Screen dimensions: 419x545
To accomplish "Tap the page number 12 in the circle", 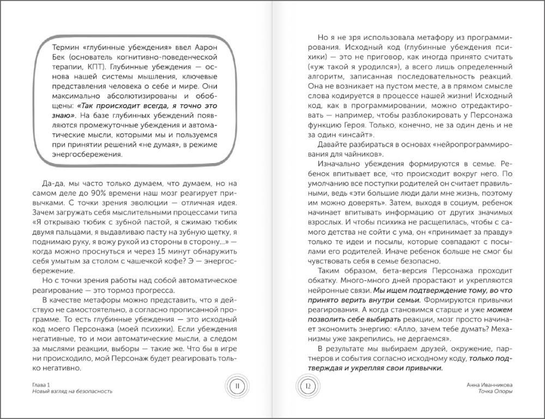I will tap(308, 386).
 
